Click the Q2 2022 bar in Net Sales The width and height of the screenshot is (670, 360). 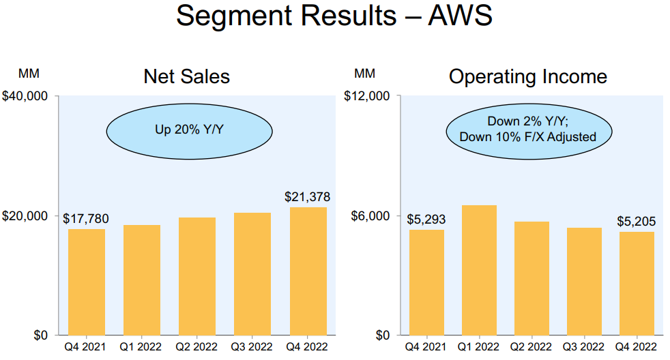coord(197,276)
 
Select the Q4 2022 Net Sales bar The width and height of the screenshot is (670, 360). coord(308,271)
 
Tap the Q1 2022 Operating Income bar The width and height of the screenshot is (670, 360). coord(479,270)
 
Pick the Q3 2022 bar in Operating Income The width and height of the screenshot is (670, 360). coord(584,282)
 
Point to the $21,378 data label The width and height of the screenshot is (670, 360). coord(308,197)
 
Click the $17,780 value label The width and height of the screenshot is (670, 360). coord(86,219)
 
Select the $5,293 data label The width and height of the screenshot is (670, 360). coord(426,220)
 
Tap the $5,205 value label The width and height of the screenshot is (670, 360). coord(637,221)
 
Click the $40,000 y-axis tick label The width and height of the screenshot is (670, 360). coord(25,96)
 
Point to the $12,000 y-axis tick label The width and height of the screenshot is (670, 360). coord(367,96)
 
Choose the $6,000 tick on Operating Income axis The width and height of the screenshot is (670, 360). coord(370,216)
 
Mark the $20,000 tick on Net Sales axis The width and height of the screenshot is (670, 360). coord(25,216)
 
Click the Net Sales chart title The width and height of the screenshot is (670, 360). coord(187,76)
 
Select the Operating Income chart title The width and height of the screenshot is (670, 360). coord(527,77)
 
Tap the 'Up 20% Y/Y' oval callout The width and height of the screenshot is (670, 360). coord(189,131)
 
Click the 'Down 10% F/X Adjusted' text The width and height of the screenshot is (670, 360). coord(527,137)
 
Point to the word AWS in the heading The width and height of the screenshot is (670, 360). coord(460,16)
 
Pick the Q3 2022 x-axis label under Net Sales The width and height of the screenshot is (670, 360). coord(252,347)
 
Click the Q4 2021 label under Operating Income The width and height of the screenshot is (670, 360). coord(426,347)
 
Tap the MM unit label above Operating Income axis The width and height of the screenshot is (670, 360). coord(364,74)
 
